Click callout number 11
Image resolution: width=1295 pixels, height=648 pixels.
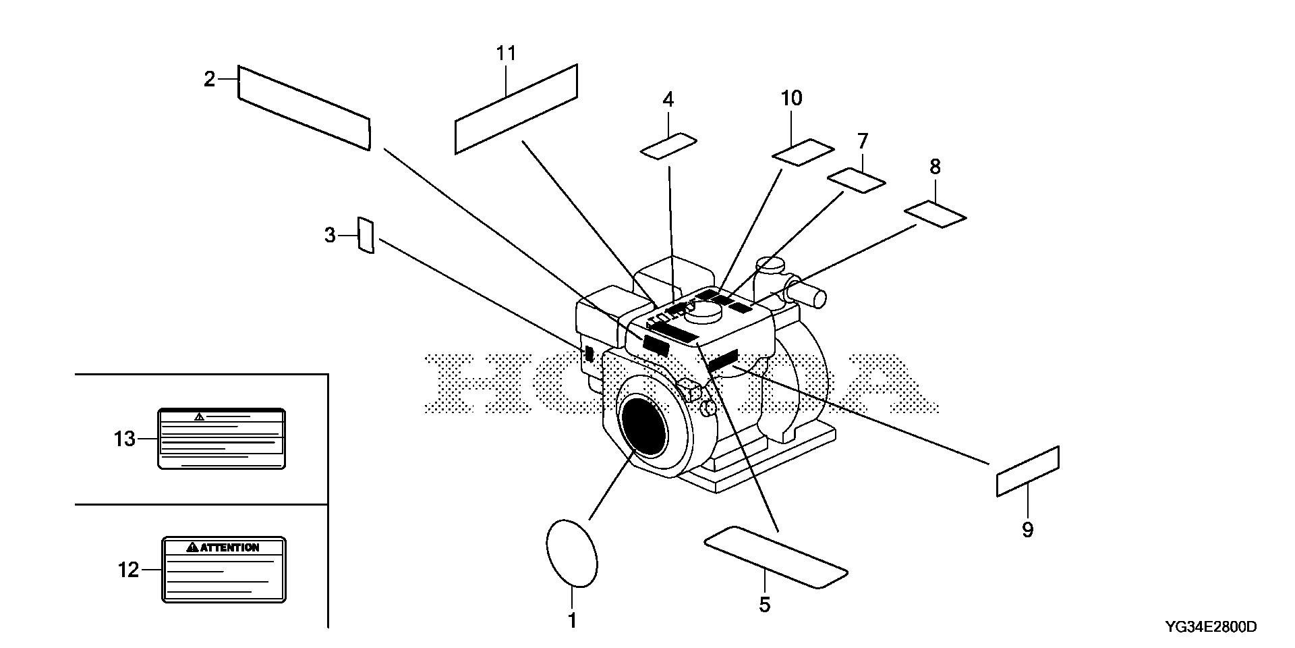pyautogui.click(x=506, y=53)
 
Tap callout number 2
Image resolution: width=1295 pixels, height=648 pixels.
pyautogui.click(x=210, y=80)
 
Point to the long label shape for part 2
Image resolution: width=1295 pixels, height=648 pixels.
pyautogui.click(x=304, y=108)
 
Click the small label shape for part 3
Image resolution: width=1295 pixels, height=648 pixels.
pyautogui.click(x=365, y=236)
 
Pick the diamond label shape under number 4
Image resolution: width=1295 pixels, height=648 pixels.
pyautogui.click(x=668, y=146)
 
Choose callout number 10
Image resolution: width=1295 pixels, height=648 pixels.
pyautogui.click(x=791, y=99)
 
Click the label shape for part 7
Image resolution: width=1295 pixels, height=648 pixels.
pyautogui.click(x=856, y=181)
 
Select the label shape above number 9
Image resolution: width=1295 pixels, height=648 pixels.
pyautogui.click(x=1027, y=471)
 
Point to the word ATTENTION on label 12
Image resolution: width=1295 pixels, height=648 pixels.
pyautogui.click(x=229, y=547)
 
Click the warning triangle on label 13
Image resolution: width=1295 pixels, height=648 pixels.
pyautogui.click(x=198, y=416)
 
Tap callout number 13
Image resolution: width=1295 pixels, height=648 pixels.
pyautogui.click(x=125, y=439)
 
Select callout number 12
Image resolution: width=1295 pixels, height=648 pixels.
pyautogui.click(x=128, y=570)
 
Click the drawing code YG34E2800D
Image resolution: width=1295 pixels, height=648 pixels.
pyautogui.click(x=1211, y=627)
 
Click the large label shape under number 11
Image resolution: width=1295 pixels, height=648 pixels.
pyautogui.click(x=517, y=108)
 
